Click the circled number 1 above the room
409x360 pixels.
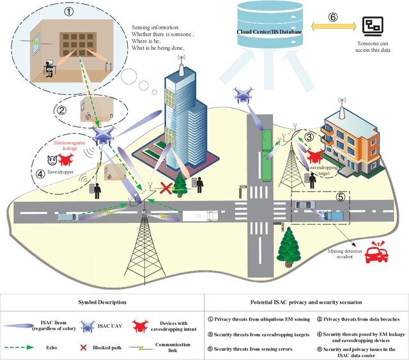[69, 11]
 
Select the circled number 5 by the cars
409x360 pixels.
[341, 197]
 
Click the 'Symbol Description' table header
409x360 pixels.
[103, 301]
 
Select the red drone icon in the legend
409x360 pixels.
[144, 326]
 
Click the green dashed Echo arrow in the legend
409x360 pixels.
[28, 349]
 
